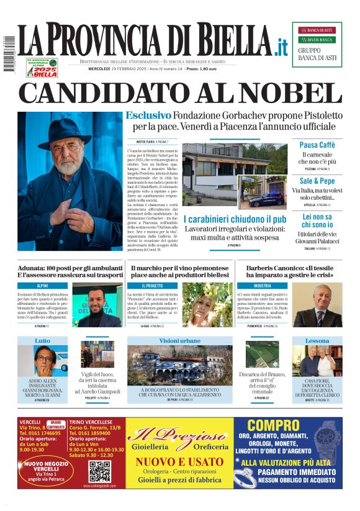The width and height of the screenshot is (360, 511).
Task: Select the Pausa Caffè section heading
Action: pos(317,145)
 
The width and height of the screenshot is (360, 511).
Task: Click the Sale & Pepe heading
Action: pos(317,180)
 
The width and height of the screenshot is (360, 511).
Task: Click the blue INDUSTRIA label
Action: pos(263,286)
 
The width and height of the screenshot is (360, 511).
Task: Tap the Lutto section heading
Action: pos(43,341)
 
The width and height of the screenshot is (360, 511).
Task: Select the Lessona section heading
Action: pos(317,341)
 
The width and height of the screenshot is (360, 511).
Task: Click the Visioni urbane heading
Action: pos(180,341)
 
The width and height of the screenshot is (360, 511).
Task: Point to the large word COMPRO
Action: pos(275,426)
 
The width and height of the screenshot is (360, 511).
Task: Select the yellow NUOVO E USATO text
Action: pos(179,462)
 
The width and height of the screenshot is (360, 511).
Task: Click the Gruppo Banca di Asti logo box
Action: pos(317,44)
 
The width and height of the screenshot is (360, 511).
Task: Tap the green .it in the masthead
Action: pos(281,47)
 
